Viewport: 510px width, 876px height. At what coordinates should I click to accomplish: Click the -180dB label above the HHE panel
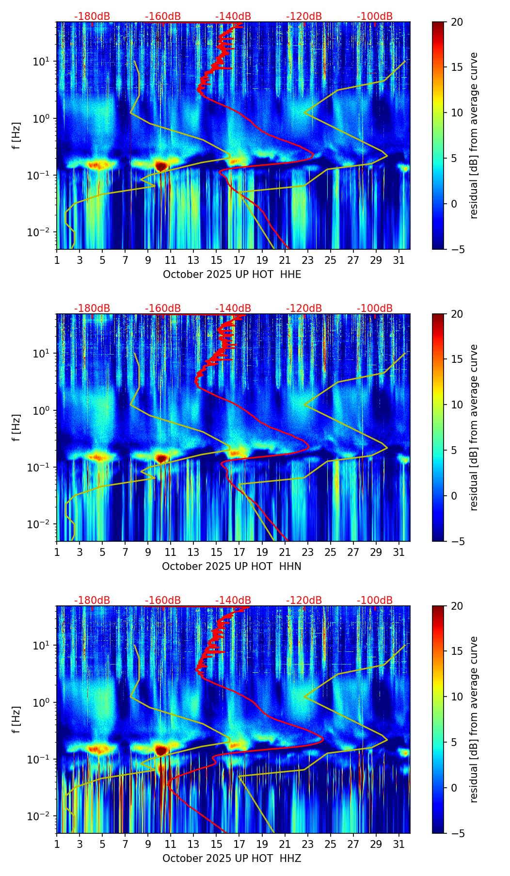pyautogui.click(x=92, y=16)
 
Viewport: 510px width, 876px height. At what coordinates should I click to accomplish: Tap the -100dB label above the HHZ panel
pyautogui.click(x=375, y=600)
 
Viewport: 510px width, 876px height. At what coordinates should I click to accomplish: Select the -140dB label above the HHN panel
pyautogui.click(x=233, y=308)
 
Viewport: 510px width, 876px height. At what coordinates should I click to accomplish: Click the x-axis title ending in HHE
pyautogui.click(x=232, y=275)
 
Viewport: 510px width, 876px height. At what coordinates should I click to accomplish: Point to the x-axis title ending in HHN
pyautogui.click(x=232, y=567)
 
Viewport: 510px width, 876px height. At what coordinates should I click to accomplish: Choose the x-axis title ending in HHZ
pyautogui.click(x=232, y=859)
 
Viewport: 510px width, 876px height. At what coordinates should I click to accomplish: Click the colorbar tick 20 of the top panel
pyautogui.click(x=457, y=22)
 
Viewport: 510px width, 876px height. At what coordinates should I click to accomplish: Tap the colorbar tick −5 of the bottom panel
pyautogui.click(x=457, y=833)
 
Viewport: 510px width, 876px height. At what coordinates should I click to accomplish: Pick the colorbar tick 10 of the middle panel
pyautogui.click(x=457, y=405)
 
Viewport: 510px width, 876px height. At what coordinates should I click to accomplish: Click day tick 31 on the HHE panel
pyautogui.click(x=398, y=260)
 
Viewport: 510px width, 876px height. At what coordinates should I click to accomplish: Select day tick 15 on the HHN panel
pyautogui.click(x=216, y=552)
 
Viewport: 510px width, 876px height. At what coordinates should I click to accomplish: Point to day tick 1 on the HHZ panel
pyautogui.click(x=57, y=844)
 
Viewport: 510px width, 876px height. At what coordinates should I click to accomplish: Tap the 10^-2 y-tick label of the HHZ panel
pyautogui.click(x=41, y=817)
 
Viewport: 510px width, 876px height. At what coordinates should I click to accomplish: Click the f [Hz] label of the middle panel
pyautogui.click(x=17, y=427)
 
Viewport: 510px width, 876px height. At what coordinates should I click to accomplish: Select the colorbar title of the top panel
pyautogui.click(x=474, y=135)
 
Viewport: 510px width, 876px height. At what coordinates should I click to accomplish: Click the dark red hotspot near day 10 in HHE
pyautogui.click(x=161, y=166)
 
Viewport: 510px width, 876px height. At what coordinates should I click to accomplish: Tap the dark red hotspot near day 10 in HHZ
pyautogui.click(x=161, y=750)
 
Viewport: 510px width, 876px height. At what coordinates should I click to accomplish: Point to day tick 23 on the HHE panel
pyautogui.click(x=307, y=260)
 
